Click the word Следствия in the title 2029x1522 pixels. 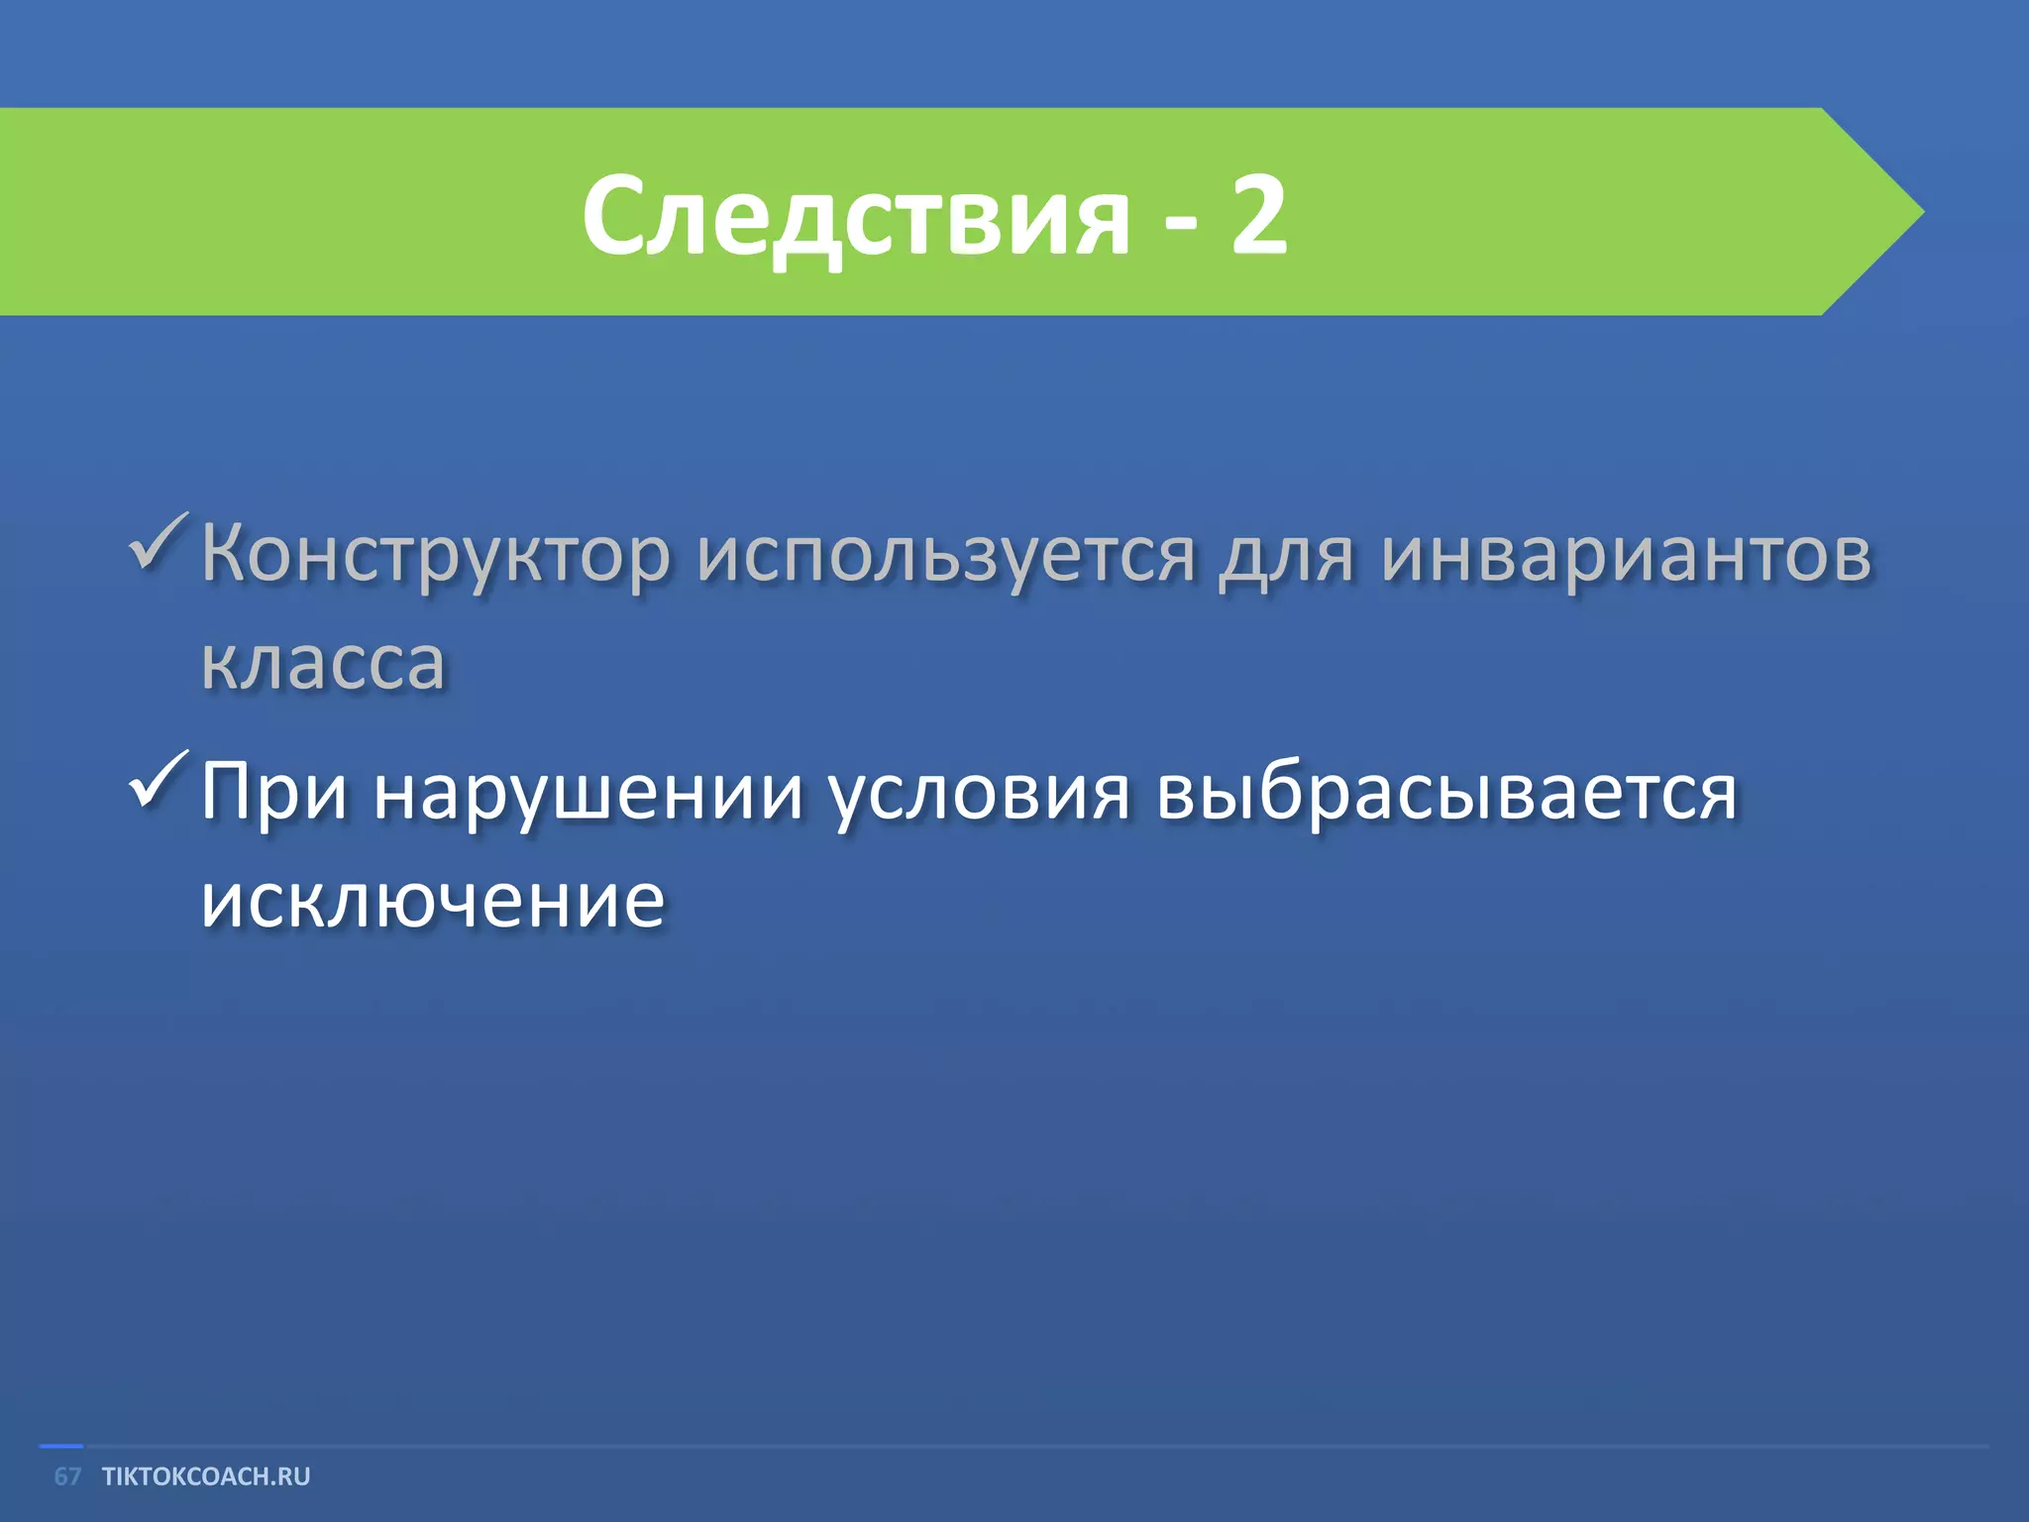855,216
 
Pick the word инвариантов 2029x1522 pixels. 1626,555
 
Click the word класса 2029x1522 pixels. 323,663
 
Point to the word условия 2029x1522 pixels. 978,794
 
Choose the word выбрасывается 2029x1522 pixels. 1446,794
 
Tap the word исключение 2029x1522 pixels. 432,901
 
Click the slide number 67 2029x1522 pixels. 67,1476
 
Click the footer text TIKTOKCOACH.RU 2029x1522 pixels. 206,1476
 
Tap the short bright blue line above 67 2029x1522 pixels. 60,1447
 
